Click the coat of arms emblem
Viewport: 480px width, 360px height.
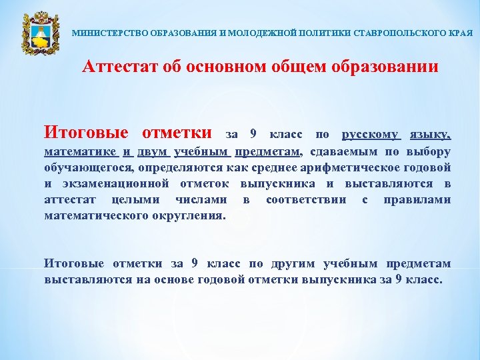tap(37, 33)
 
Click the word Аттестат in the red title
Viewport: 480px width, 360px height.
tap(117, 67)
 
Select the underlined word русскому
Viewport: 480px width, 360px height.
tap(371, 134)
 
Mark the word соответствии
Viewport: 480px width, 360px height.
tap(306, 199)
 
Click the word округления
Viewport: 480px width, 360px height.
tap(188, 215)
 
